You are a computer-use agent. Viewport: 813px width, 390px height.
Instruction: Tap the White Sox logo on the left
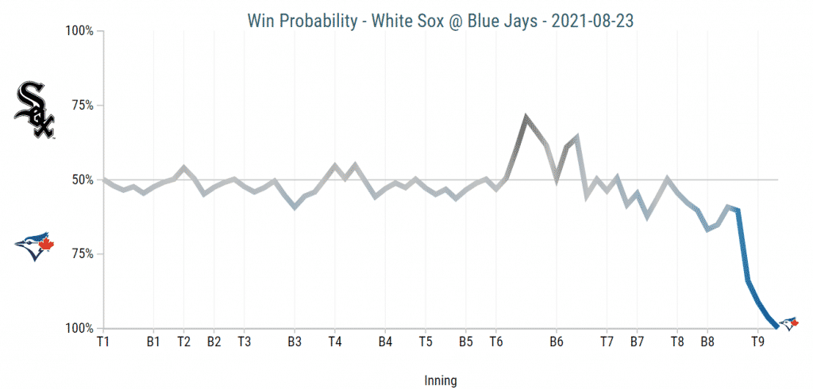pyautogui.click(x=34, y=110)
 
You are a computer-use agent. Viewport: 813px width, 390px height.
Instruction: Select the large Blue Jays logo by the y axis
pyautogui.click(x=34, y=247)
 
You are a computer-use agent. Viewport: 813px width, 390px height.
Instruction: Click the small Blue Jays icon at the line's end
pyautogui.click(x=788, y=323)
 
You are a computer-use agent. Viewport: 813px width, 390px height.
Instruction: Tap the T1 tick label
pyautogui.click(x=103, y=342)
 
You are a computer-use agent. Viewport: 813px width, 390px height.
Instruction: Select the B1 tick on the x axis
pyautogui.click(x=154, y=342)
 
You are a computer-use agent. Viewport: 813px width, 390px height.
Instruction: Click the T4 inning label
pyautogui.click(x=334, y=342)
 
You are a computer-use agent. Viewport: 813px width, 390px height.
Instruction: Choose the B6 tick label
pyautogui.click(x=556, y=342)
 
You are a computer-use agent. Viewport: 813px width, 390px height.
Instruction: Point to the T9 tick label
pyautogui.click(x=758, y=342)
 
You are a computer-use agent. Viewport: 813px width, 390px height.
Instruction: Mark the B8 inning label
pyautogui.click(x=707, y=342)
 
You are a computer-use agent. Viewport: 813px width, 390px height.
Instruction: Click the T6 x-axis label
pyautogui.click(x=496, y=342)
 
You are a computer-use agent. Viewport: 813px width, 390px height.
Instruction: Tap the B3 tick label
pyautogui.click(x=295, y=342)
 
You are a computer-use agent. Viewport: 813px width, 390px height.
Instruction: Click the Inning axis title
pyautogui.click(x=441, y=380)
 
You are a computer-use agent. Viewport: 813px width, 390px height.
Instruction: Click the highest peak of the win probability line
pyautogui.click(x=526, y=117)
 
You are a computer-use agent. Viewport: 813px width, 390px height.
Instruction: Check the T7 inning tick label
pyautogui.click(x=607, y=342)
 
